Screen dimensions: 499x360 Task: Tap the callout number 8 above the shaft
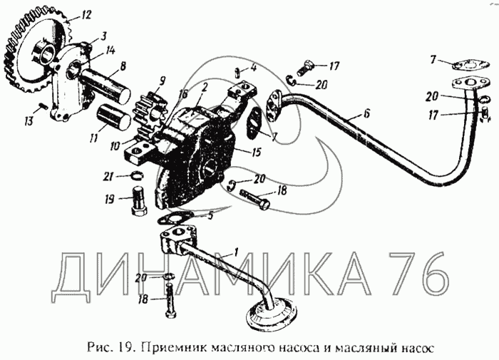[123, 66]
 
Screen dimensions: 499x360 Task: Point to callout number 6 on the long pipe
[366, 113]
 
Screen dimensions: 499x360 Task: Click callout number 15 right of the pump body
[256, 152]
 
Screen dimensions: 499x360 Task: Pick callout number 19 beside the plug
[109, 200]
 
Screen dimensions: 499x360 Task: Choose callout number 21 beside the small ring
[108, 176]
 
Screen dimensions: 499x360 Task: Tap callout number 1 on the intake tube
[235, 253]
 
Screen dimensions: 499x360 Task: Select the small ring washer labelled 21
[137, 175]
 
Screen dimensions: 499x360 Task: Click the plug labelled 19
[139, 202]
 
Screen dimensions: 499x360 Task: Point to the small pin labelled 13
[44, 106]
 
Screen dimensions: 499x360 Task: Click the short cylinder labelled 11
[113, 117]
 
